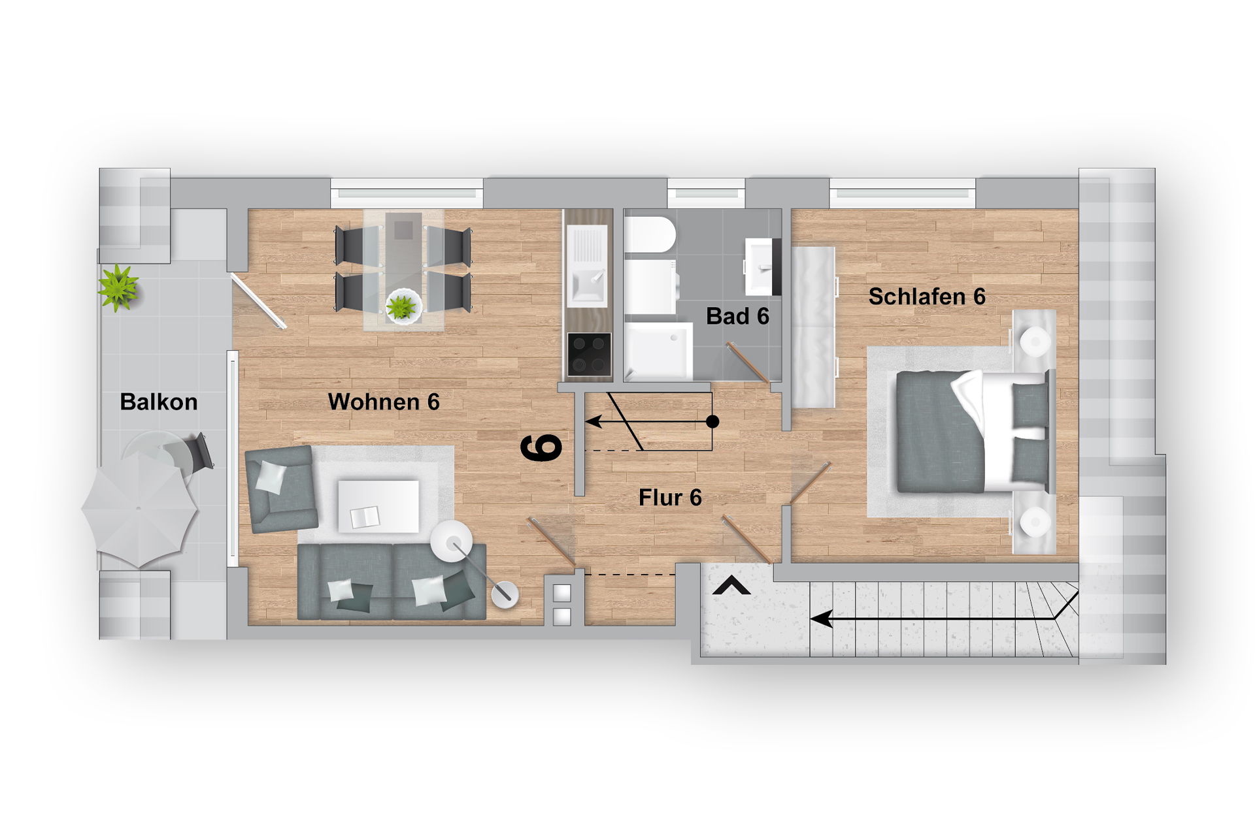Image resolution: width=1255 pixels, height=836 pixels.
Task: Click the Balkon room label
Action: coord(159,402)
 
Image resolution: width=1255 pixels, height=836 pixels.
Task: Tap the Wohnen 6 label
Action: coord(384,402)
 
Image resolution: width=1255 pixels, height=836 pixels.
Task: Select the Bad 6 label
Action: coord(737,316)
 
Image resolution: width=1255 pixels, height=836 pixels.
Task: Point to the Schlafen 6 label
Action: coord(927,297)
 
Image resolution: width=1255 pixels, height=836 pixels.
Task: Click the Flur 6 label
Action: coord(670,498)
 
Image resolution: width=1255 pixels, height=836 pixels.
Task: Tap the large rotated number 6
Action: coord(541,447)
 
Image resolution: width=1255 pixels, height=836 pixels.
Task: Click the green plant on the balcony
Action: coord(118,288)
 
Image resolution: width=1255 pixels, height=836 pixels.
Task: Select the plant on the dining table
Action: coord(402,306)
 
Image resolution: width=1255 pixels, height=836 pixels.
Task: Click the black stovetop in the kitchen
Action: coord(589,354)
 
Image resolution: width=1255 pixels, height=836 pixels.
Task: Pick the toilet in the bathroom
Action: coord(650,235)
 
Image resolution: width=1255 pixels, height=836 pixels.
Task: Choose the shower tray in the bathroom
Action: coord(658,351)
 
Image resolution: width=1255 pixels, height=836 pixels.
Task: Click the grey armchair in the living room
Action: coord(281,489)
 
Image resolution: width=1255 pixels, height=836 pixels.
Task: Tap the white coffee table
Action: coord(378,506)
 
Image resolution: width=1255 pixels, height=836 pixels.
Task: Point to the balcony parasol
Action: coord(139,509)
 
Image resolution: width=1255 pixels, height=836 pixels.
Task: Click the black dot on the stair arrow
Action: coord(713,422)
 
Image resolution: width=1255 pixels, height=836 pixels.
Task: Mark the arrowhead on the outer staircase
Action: coord(822,619)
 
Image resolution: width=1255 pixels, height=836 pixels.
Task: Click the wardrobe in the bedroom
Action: coord(814,327)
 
